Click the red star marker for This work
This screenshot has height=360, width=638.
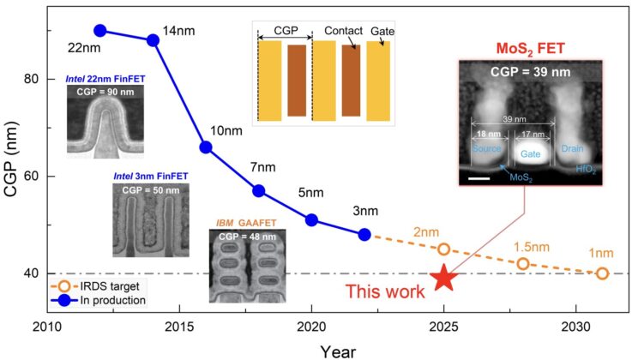tap(443, 277)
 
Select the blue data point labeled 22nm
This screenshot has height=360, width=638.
tap(99, 30)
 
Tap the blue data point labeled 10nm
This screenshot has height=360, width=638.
tap(206, 147)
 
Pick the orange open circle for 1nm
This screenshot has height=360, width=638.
tap(602, 273)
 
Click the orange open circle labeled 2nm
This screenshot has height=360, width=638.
tap(443, 249)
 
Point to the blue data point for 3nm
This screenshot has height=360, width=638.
tap(364, 234)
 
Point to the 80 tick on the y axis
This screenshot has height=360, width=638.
tap(33, 79)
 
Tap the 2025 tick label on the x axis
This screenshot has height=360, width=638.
tap(443, 328)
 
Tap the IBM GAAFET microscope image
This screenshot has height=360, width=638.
tap(249, 267)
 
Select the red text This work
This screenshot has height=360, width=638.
tap(384, 292)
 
